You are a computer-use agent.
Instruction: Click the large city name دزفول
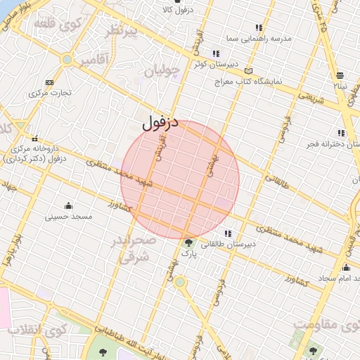point(161,124)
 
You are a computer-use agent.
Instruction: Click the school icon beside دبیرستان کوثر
point(215,53)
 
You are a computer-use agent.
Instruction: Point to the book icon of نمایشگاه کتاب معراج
point(247,71)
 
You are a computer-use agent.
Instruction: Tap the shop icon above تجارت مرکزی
point(49,82)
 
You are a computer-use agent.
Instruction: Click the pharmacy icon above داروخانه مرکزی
point(35,139)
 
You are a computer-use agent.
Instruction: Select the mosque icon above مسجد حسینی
point(68,205)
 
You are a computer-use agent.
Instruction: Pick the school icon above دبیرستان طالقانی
point(227,233)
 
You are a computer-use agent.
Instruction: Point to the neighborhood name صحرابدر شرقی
point(132,250)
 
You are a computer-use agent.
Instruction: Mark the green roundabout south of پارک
point(180,282)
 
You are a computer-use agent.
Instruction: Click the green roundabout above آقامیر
point(67,60)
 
